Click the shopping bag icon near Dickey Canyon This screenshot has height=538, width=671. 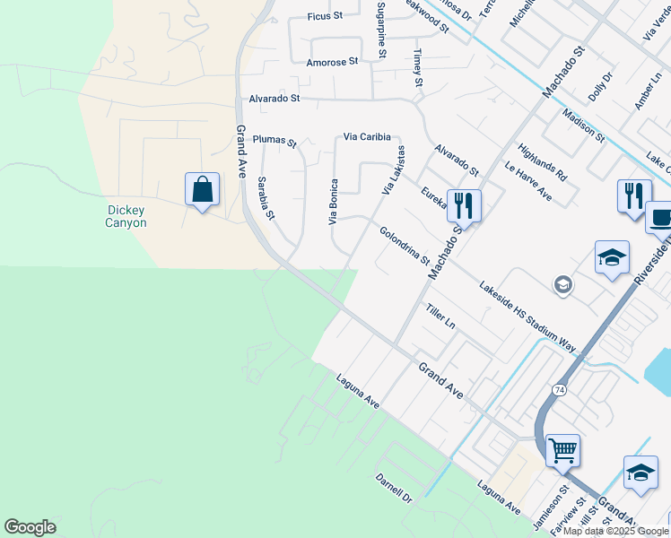[x=202, y=190]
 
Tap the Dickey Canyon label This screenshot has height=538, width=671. [x=126, y=216]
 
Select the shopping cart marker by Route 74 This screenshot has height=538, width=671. [x=562, y=450]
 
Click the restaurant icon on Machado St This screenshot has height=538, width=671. [x=464, y=205]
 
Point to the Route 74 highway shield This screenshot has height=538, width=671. [x=560, y=390]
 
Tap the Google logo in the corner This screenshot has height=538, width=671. [x=30, y=527]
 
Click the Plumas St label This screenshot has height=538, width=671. [x=274, y=140]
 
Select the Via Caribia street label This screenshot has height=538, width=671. [x=367, y=137]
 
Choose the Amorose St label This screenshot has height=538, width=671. [x=332, y=62]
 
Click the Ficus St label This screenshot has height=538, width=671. [x=325, y=16]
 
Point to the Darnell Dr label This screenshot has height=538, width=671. [x=393, y=488]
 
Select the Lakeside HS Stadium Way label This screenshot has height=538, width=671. [x=527, y=315]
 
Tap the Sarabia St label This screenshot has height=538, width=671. [x=266, y=197]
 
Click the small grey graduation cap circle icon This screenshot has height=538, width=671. [x=562, y=285]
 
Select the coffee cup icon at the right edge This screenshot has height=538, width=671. [x=660, y=218]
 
